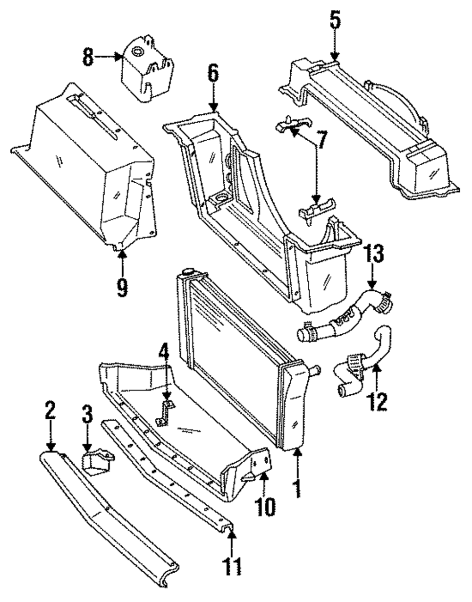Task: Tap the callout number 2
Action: (51, 411)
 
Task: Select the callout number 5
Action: (334, 19)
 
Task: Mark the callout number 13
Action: (373, 255)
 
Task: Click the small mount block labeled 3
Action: (98, 461)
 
